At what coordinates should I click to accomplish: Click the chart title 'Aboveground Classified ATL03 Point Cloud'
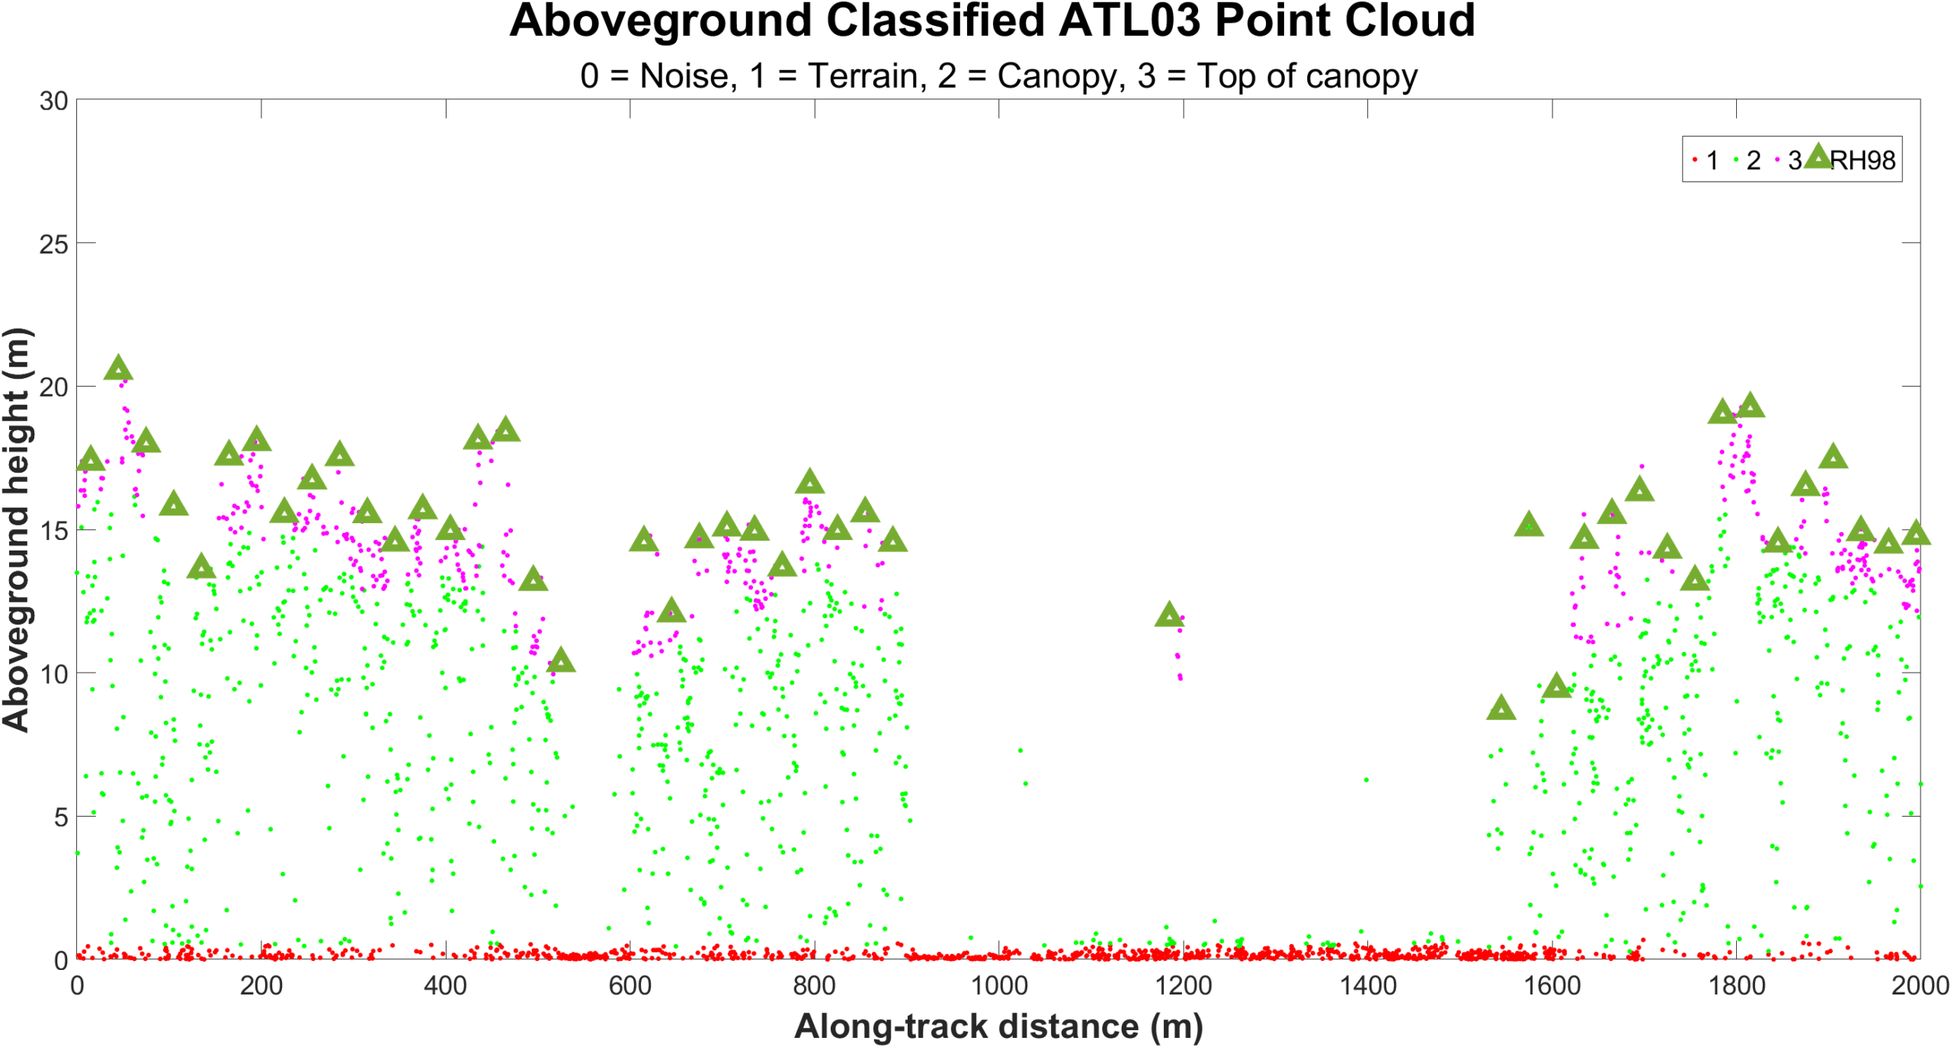(992, 21)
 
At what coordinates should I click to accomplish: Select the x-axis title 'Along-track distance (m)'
(998, 1026)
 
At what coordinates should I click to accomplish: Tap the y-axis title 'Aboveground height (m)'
(16, 530)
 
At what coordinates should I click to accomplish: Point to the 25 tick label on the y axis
(53, 245)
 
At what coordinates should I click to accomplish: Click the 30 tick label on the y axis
(53, 101)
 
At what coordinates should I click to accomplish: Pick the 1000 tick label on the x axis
(998, 985)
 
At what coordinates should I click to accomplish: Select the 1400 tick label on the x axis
(1367, 985)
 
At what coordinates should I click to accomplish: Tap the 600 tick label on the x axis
(630, 985)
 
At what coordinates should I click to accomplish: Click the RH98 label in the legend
(1862, 160)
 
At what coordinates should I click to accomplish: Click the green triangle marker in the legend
(1818, 156)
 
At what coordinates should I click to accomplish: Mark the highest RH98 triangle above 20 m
(118, 368)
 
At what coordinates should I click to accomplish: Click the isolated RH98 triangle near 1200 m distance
(1169, 615)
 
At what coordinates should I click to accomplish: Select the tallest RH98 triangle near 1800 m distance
(1750, 406)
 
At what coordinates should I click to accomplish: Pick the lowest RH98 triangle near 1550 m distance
(1501, 708)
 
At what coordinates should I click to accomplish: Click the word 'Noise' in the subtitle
(689, 76)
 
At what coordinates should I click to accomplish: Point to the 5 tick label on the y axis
(61, 817)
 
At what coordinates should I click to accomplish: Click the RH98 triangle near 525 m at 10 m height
(561, 660)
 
